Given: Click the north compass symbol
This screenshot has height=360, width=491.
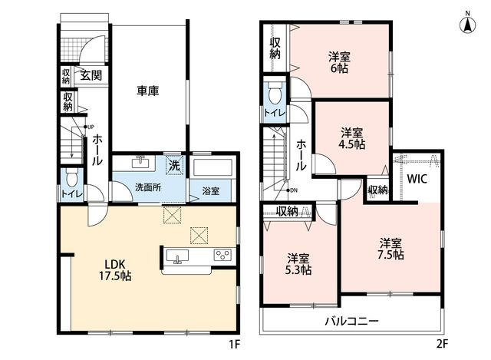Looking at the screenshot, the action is point(467,23).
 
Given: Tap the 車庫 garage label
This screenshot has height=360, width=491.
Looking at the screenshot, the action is point(147,91).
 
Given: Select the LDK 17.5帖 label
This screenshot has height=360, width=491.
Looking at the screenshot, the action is point(115,269).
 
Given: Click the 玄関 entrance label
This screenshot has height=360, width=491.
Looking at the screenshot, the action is point(91,75).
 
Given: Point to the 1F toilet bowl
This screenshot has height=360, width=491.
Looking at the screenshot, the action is point(72,178).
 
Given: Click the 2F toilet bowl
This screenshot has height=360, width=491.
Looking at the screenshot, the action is point(275,93).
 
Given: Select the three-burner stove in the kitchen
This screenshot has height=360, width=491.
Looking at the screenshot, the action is point(222,254).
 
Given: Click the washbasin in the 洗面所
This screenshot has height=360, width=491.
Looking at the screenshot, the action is point(140,163).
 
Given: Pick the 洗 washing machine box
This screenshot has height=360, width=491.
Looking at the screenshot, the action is point(174,164).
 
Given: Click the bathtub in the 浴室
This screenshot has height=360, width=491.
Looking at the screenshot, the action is point(213,167).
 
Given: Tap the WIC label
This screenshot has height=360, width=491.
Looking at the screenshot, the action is point(417,179).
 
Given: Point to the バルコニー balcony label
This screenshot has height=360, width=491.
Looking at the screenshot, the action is point(351,321).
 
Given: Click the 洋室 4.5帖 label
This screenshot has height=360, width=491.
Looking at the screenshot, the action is point(352,138).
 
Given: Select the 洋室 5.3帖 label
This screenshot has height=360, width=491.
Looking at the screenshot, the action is point(298,264).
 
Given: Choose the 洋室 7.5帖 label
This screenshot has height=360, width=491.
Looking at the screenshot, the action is point(390,249).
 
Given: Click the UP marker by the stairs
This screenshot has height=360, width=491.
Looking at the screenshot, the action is point(89,127).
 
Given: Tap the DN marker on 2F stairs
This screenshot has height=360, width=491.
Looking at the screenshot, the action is point(292,190).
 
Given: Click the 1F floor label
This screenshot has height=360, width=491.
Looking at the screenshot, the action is point(234,345).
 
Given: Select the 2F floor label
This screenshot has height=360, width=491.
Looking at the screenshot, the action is point(442,345).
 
